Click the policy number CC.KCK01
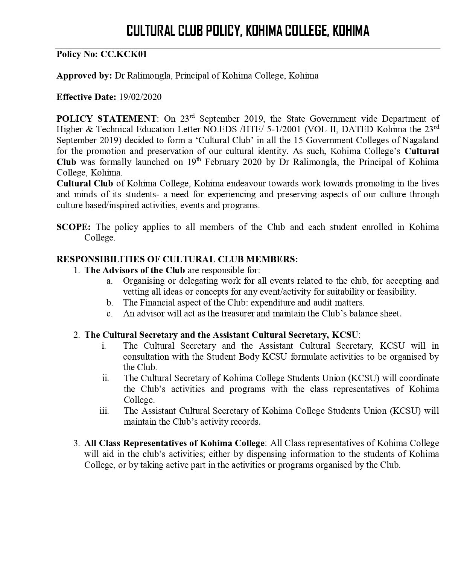(x=123, y=54)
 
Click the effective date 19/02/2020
(x=140, y=97)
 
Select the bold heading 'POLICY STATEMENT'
(x=106, y=119)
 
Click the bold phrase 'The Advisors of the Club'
(x=135, y=270)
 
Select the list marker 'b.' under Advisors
(x=110, y=303)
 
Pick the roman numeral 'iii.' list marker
(x=104, y=411)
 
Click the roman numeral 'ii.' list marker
(x=105, y=378)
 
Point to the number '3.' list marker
(x=77, y=443)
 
